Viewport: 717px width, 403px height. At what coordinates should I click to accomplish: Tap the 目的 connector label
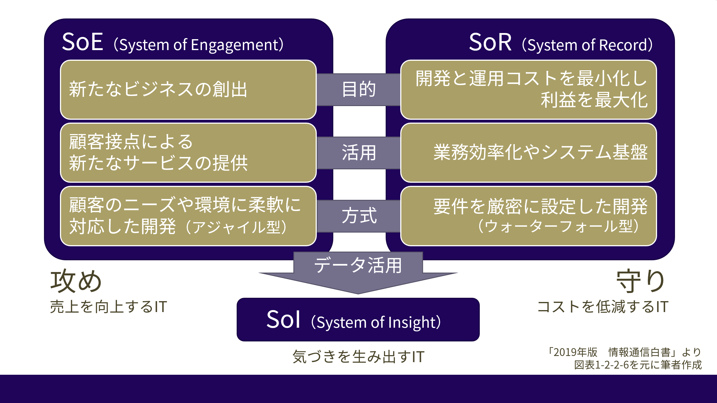tap(358, 90)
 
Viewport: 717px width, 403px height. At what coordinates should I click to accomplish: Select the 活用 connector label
tap(358, 153)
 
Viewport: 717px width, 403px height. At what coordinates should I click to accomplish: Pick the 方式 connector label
tap(358, 216)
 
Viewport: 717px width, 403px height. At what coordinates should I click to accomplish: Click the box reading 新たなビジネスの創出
tap(188, 90)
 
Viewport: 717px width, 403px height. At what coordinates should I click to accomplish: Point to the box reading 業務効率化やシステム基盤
tap(528, 153)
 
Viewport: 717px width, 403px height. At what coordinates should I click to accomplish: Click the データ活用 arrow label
tap(358, 265)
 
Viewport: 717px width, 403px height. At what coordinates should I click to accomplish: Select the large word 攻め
tap(76, 281)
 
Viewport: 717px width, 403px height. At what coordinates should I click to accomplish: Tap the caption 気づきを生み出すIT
tap(358, 357)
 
